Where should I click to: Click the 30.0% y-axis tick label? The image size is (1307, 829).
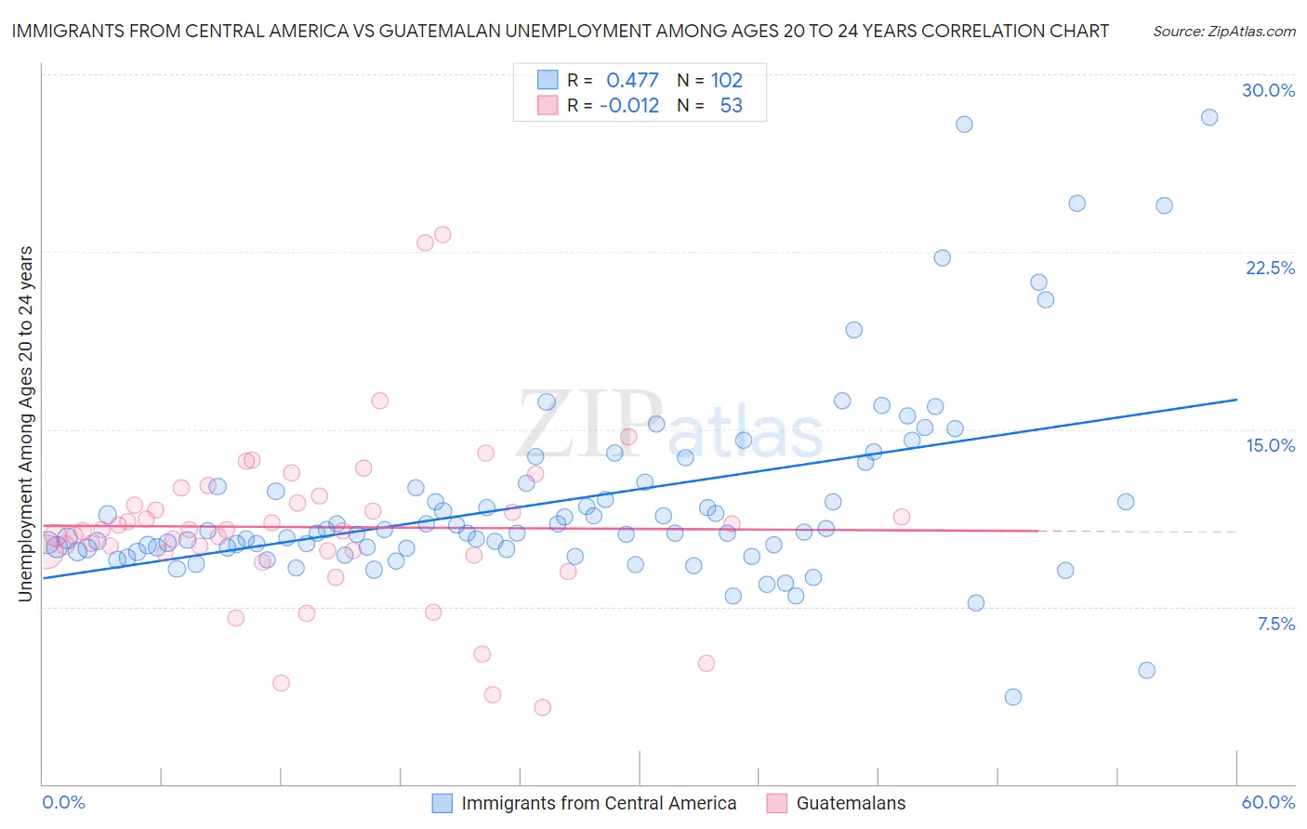tap(1268, 90)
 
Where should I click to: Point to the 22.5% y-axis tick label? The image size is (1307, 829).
tap(1270, 268)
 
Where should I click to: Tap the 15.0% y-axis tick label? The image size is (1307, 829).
tap(1270, 445)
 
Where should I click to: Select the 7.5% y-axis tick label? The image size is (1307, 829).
tap(1275, 624)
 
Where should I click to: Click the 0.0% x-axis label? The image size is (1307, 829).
tap(63, 802)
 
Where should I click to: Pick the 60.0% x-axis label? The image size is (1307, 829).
tap(1268, 802)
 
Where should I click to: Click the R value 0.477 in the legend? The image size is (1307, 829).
tap(632, 80)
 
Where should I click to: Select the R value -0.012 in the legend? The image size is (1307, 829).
tap(629, 105)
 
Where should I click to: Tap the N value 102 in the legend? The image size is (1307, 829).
tap(727, 80)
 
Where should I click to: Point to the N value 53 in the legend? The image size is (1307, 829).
tap(732, 105)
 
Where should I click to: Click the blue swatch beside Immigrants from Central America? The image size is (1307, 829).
tap(442, 803)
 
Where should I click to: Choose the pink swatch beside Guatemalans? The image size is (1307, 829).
tap(777, 803)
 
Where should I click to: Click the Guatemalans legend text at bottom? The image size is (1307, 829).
tap(851, 803)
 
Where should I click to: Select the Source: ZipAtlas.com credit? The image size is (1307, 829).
tap(1223, 31)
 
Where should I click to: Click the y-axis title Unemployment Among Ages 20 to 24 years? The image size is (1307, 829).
tap(26, 423)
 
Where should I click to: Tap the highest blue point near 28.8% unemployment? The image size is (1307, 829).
tap(1209, 117)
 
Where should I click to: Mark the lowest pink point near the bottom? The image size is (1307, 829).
tap(543, 707)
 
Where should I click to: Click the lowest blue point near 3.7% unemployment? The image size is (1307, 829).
tap(1013, 697)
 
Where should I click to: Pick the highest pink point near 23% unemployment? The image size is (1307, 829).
tap(442, 234)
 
